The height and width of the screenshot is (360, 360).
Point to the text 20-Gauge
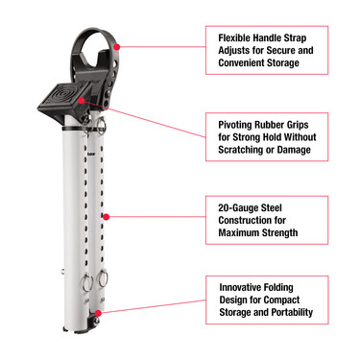(x=240, y=205)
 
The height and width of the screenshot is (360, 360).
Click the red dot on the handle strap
(x=117, y=44)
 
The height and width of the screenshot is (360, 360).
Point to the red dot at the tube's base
(x=98, y=313)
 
